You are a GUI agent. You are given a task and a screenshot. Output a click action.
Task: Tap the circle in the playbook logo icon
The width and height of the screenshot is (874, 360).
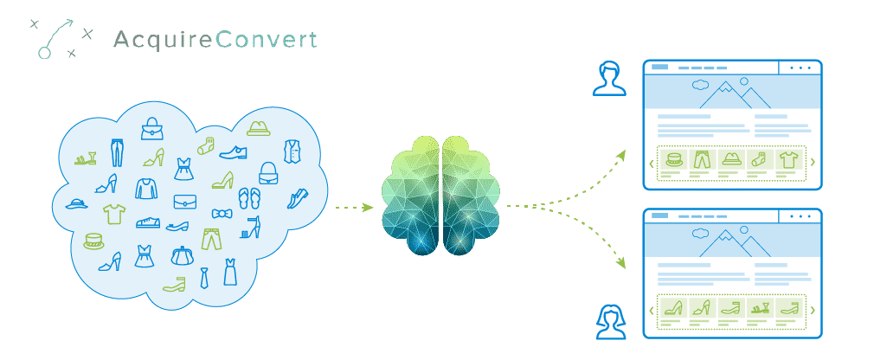pyautogui.click(x=43, y=53)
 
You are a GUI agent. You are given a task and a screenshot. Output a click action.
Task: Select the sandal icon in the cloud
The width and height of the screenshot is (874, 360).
pyautogui.click(x=85, y=158)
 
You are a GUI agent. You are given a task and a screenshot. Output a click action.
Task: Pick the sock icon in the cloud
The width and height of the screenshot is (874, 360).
pyautogui.click(x=205, y=145)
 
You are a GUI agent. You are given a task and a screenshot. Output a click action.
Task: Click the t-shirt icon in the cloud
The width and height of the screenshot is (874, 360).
pyautogui.click(x=114, y=211)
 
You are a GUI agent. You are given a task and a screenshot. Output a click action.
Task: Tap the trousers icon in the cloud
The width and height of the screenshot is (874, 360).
pyautogui.click(x=211, y=239)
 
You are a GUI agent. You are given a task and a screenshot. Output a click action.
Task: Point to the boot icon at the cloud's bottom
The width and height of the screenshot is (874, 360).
pyautogui.click(x=174, y=284)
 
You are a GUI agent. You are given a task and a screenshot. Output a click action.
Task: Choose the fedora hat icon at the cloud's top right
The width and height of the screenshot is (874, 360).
pyautogui.click(x=257, y=128)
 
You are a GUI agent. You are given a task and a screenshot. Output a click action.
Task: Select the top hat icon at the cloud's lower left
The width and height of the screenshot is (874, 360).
pyautogui.click(x=93, y=241)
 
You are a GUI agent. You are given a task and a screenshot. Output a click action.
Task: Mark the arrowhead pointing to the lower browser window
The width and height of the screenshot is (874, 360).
pyautogui.click(x=623, y=264)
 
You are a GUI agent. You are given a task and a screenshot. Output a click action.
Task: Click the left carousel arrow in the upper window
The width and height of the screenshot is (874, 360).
pyautogui.click(x=651, y=163)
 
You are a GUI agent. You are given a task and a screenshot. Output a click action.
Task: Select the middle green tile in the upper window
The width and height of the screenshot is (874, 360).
pyautogui.click(x=731, y=159)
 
